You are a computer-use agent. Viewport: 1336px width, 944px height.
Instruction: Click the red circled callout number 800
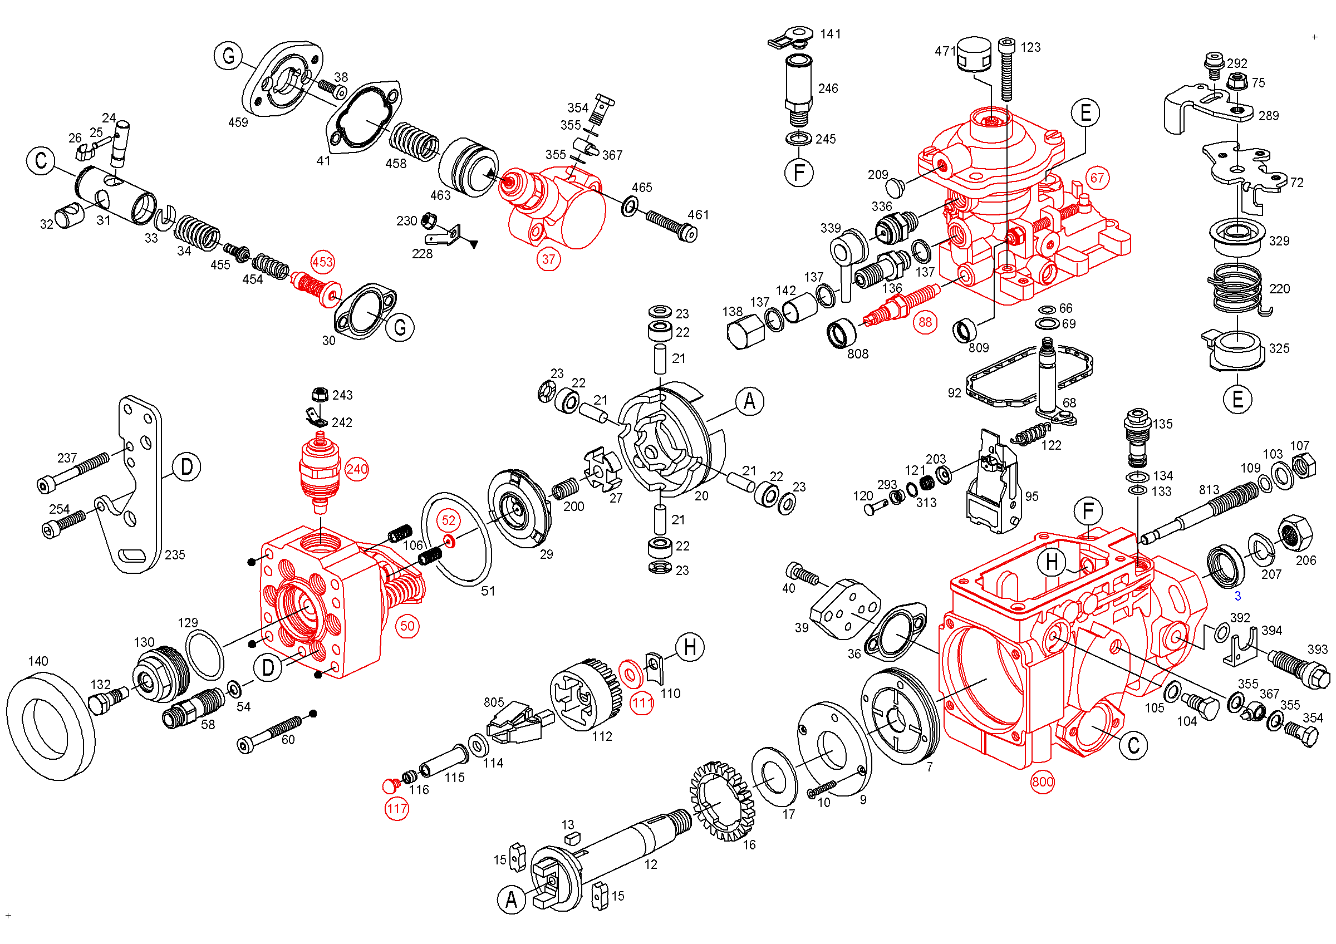(1042, 781)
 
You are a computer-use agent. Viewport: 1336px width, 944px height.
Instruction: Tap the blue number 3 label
(1237, 596)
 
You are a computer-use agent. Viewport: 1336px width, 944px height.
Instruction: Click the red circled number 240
(356, 469)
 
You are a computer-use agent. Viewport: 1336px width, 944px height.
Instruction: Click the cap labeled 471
(974, 53)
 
